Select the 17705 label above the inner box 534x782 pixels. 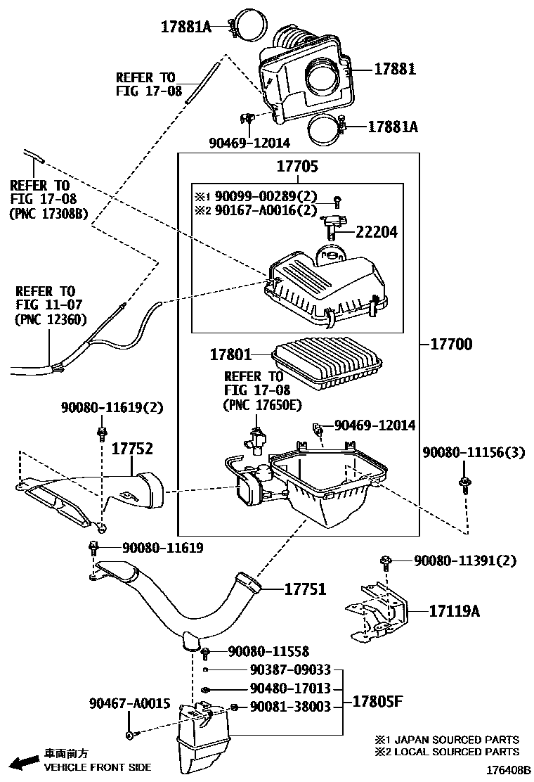click(x=297, y=167)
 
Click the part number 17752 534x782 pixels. click(x=131, y=448)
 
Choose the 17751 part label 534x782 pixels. click(x=305, y=589)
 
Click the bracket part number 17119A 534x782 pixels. click(x=454, y=611)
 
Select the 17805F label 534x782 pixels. click(x=377, y=702)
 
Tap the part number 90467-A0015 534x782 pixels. click(x=129, y=703)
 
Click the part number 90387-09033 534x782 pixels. click(x=290, y=670)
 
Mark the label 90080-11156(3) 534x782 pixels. click(x=473, y=452)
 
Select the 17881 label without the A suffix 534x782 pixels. click(x=394, y=69)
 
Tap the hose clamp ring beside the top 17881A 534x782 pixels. click(x=249, y=28)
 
